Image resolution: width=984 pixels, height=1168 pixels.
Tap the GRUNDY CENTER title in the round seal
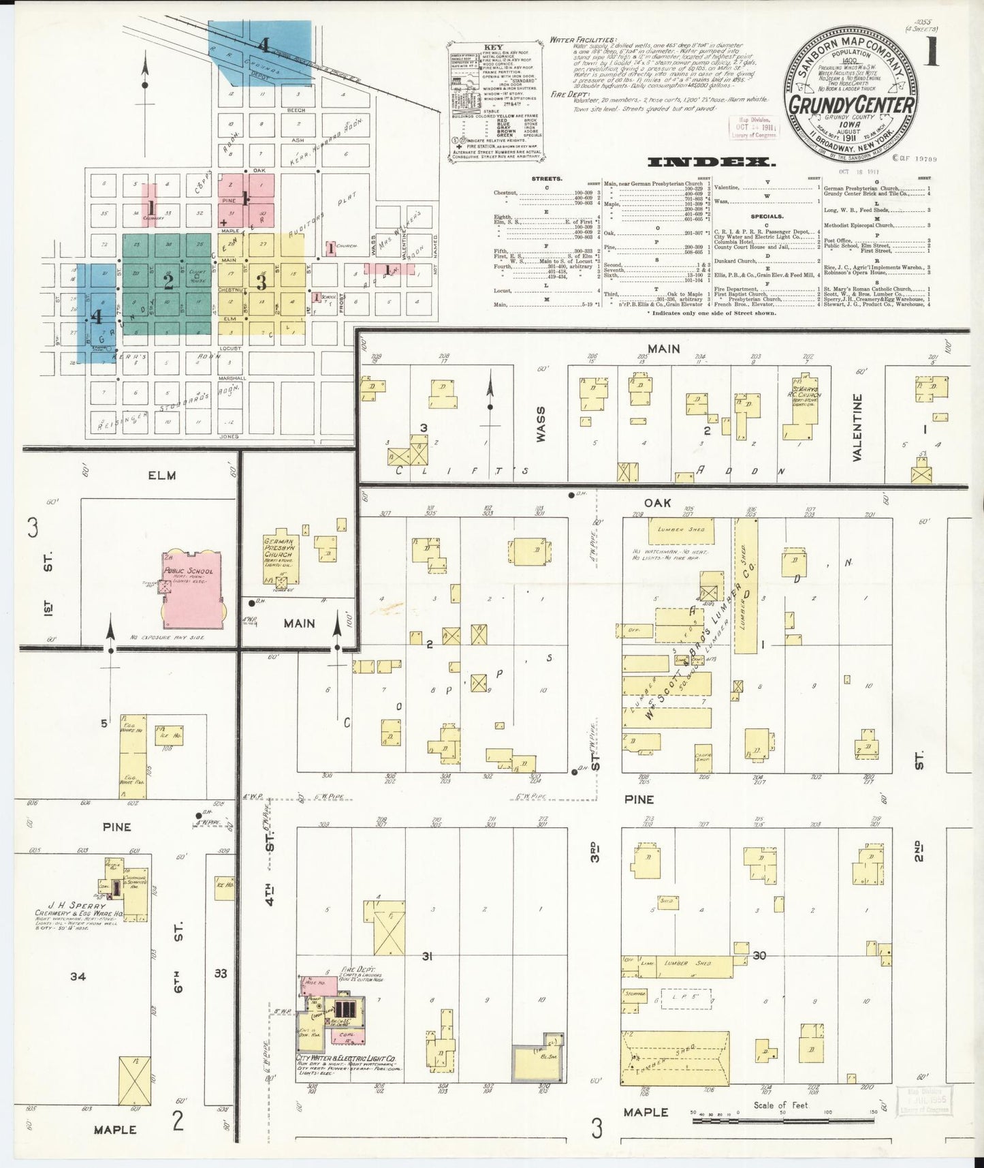tap(851, 105)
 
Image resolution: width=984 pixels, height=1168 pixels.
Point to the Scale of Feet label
tap(780, 1105)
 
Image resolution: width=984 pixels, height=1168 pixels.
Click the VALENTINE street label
tap(857, 427)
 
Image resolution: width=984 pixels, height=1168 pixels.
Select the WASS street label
tap(541, 425)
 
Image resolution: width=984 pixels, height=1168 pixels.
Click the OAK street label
tap(657, 503)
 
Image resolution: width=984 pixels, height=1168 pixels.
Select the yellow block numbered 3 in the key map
tap(261, 281)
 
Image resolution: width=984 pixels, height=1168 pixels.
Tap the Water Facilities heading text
tap(583, 40)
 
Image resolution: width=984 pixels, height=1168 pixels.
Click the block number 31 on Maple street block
tap(427, 957)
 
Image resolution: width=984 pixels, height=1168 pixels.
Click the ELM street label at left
tap(161, 475)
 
